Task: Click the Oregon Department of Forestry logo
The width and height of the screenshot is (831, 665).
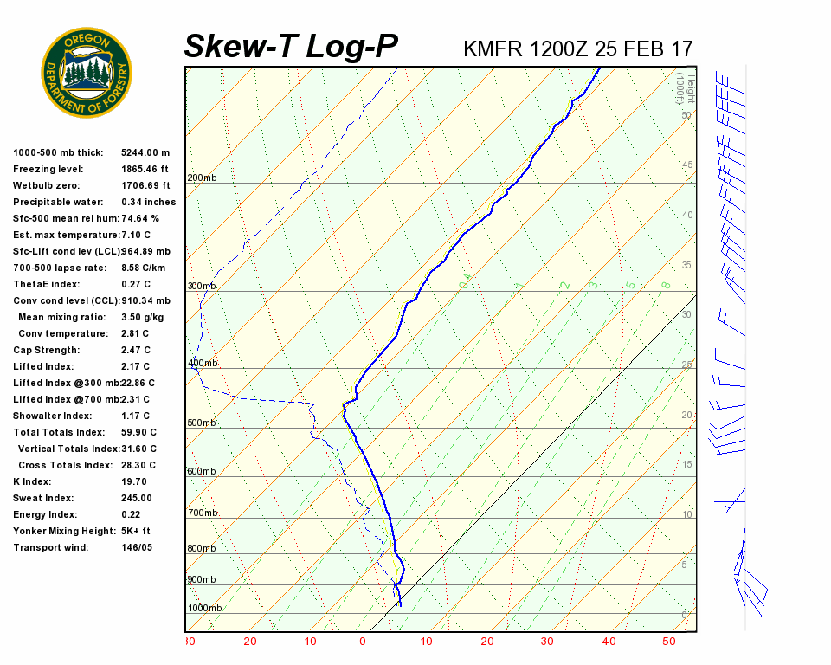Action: click(87, 73)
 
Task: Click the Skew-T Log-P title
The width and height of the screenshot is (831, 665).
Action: click(291, 47)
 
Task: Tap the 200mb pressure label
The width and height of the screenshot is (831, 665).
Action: click(202, 178)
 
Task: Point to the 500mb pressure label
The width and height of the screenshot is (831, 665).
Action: click(202, 423)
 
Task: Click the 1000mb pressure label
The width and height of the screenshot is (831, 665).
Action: click(204, 609)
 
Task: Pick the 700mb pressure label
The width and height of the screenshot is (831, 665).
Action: click(202, 513)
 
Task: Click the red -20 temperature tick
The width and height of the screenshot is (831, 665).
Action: click(248, 642)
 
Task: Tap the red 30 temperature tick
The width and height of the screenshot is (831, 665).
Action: click(547, 642)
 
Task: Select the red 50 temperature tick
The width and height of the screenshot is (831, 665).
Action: click(669, 642)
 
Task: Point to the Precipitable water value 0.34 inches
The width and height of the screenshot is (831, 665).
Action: click(148, 202)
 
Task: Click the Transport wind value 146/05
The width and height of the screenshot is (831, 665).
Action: click(136, 547)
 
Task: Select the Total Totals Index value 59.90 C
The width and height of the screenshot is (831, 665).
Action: click(138, 432)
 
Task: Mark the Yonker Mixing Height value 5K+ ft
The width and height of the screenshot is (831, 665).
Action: click(135, 531)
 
